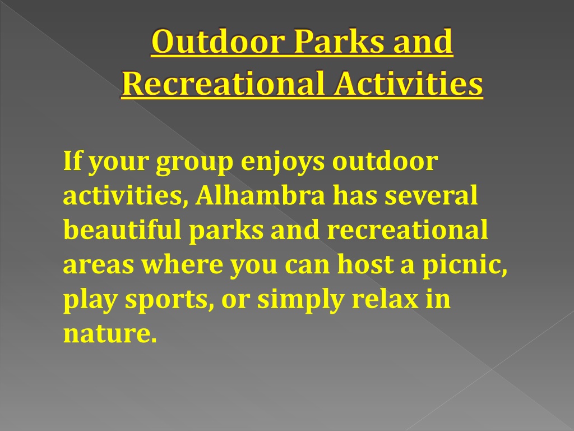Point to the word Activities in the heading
(409, 84)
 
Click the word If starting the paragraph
(72, 161)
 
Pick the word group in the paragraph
(195, 163)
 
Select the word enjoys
(283, 163)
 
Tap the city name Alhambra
(260, 195)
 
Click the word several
(431, 195)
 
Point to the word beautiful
(122, 230)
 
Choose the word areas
(99, 265)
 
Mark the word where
(182, 264)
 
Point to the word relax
(385, 299)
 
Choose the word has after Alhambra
(355, 195)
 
